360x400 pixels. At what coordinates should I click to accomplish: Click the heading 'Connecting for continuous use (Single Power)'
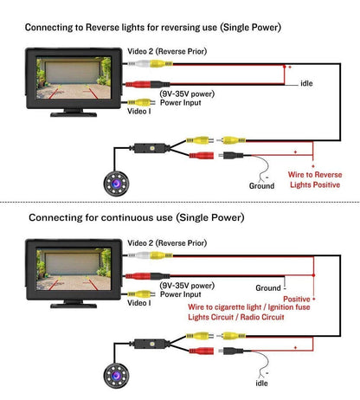click(137, 216)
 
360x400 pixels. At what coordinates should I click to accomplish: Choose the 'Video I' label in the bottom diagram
click(139, 304)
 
